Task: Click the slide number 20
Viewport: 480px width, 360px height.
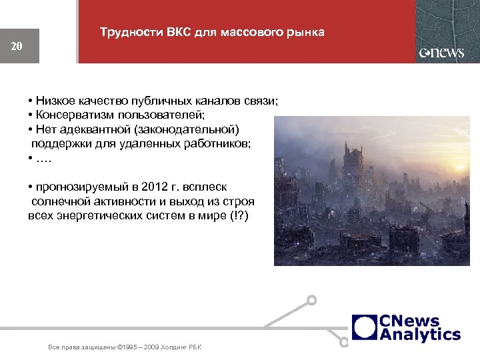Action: [17, 46]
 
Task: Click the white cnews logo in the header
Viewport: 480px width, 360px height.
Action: [441, 53]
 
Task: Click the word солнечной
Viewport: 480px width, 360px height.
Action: [61, 201]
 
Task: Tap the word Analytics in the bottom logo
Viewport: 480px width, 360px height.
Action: [420, 334]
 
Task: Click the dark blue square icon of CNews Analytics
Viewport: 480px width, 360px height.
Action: [364, 327]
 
